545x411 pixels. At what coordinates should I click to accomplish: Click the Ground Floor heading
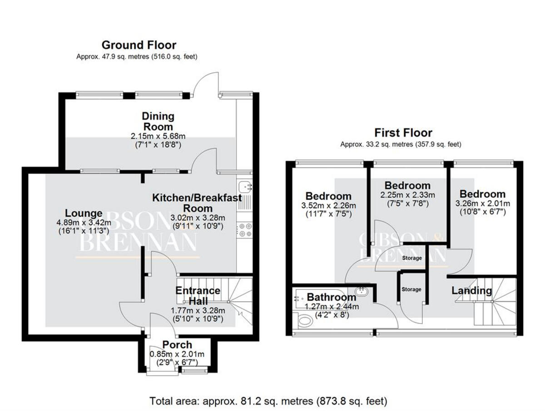139,45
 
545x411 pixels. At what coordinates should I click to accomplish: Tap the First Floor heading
403,133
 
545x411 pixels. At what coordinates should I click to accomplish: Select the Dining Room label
157,121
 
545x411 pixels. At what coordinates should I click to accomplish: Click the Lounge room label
84,213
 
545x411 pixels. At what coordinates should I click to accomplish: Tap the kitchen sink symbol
244,186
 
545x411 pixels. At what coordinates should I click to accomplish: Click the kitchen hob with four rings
244,230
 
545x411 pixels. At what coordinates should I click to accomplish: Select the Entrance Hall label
198,296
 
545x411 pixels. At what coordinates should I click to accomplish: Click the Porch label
177,345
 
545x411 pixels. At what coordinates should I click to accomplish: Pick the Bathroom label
332,297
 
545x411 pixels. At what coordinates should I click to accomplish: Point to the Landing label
471,290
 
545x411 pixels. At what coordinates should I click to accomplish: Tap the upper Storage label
412,258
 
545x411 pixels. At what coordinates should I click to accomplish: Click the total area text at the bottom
268,401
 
